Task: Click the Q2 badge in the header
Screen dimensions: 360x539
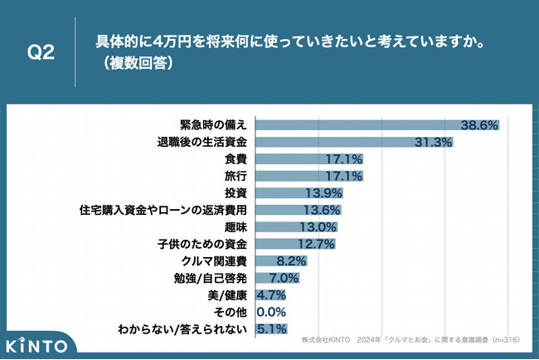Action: coord(41,52)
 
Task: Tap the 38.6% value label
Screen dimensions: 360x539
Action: coord(479,125)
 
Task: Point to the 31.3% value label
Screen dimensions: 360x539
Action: coord(435,143)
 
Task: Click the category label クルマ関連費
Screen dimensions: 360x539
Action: coord(216,260)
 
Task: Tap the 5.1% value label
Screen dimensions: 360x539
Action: coord(273,328)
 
